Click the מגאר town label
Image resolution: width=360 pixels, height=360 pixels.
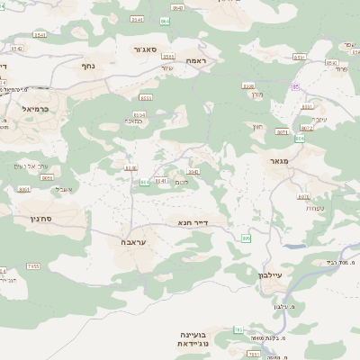pos(282,162)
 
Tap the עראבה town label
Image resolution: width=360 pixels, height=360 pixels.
pos(132,242)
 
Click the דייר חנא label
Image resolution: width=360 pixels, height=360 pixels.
pos(193,220)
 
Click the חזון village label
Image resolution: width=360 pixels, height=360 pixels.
pos(256,127)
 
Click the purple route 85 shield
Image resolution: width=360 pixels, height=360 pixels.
pos(295,86)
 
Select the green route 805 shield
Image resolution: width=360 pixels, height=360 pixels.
pos(144,182)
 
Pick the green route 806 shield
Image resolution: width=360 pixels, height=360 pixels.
pos(246,238)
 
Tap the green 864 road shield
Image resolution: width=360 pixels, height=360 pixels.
pos(165,20)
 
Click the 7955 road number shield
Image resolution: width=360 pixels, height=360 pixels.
pos(32,265)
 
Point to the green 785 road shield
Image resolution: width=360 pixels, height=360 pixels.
pos(238,331)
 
